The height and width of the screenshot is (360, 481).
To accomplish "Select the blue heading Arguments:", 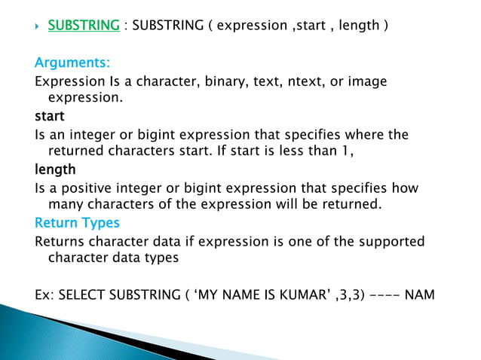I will coord(72,62).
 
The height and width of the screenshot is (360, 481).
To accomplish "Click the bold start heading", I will coord(50,117).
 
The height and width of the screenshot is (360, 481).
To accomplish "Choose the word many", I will coord(65,205).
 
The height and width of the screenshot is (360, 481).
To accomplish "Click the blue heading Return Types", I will coord(77,223).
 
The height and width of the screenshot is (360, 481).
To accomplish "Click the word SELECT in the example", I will coord(81,294).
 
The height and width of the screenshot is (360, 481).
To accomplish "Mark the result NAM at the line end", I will coord(420,294).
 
